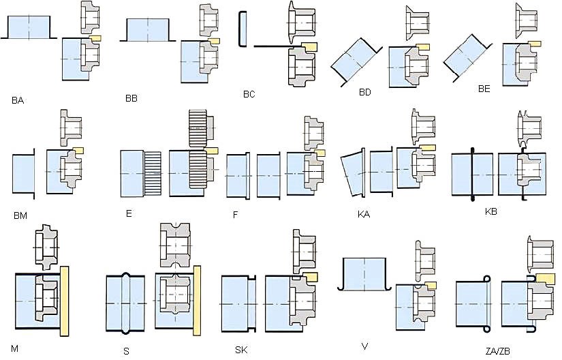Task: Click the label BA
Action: pos(18,101)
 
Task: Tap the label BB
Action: pos(131,99)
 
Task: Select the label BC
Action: pos(249,95)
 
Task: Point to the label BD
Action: pos(365,93)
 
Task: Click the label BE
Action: pos(484,89)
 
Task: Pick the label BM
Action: pos(20,216)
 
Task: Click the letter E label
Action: pos(129,213)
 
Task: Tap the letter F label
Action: pos(236,215)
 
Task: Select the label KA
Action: pos(364,214)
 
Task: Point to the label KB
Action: pos(490,211)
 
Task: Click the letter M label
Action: pos(14,348)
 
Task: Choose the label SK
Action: pos(241,350)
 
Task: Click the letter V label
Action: pos(365,346)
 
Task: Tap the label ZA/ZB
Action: pos(498,351)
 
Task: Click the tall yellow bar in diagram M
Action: pos(64,301)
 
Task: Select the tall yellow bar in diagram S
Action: pos(197,301)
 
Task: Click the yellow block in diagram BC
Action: pos(309,46)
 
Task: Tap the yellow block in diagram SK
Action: pos(310,277)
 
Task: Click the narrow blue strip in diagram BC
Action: pos(243,29)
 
